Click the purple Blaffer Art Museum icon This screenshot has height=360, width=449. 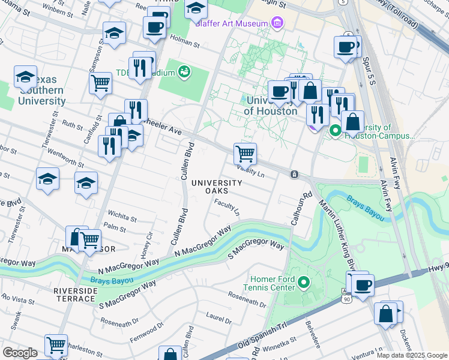[x=276, y=23]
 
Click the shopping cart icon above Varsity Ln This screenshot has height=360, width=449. [x=245, y=154]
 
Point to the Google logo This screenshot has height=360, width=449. [x=19, y=353]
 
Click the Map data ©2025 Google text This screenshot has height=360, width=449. [x=411, y=355]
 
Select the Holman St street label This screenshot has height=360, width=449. [x=185, y=43]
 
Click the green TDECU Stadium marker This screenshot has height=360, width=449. [x=185, y=73]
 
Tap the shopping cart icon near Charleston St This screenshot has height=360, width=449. [x=56, y=345]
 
